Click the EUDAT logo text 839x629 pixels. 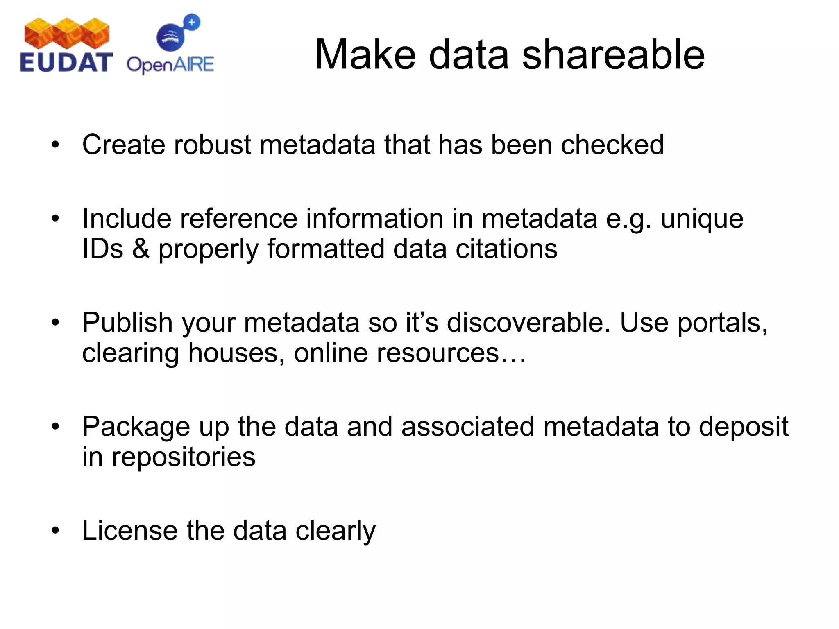(x=66, y=63)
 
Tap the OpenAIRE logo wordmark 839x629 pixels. (x=170, y=65)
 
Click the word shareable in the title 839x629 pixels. (x=613, y=55)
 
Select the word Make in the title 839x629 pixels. (x=365, y=55)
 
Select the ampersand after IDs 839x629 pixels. (x=141, y=249)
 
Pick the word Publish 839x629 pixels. (x=127, y=323)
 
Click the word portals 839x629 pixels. (x=722, y=323)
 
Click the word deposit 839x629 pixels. (x=743, y=427)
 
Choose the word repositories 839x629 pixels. (x=183, y=457)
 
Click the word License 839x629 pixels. (x=130, y=531)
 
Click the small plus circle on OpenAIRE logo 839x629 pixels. (x=192, y=22)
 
